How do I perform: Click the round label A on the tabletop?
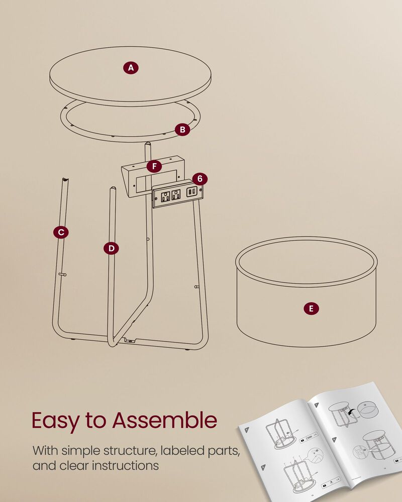point(131,67)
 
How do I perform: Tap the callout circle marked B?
point(183,130)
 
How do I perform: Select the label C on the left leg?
point(61,232)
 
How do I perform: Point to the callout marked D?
point(111,247)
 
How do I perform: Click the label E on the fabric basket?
point(311,309)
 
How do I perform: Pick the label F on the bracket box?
point(154,166)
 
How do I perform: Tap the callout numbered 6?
point(200,179)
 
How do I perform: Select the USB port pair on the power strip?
point(191,192)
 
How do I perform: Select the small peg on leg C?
point(62,274)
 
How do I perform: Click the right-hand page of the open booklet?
point(362,437)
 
